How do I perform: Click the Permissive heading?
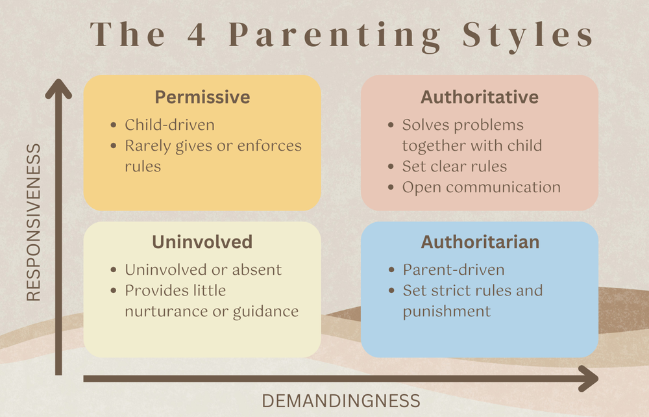point(202,97)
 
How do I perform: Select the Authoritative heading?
point(479,97)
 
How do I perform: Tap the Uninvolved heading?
point(202,242)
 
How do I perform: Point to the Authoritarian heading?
point(480,242)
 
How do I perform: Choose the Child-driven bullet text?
point(169,125)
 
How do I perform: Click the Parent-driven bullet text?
point(453,270)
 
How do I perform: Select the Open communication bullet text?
point(481,187)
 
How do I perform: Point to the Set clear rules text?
point(454,166)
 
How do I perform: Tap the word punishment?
point(447,311)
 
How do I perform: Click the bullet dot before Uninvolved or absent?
point(114,270)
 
